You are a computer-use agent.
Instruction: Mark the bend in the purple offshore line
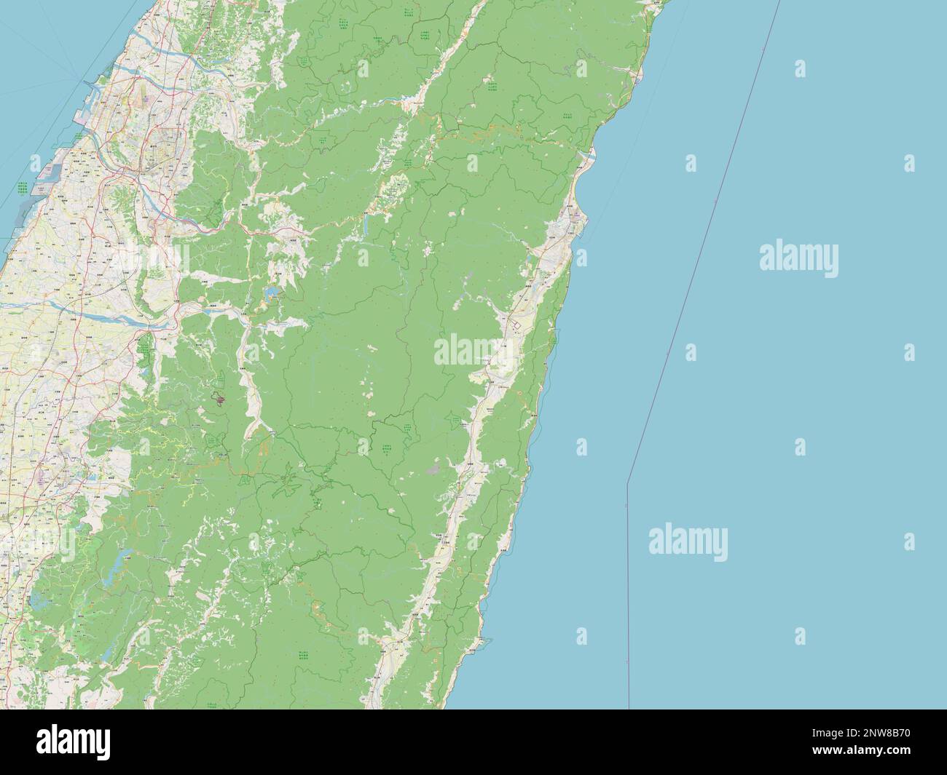point(627,482)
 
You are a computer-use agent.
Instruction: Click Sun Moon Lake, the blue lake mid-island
point(272,293)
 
